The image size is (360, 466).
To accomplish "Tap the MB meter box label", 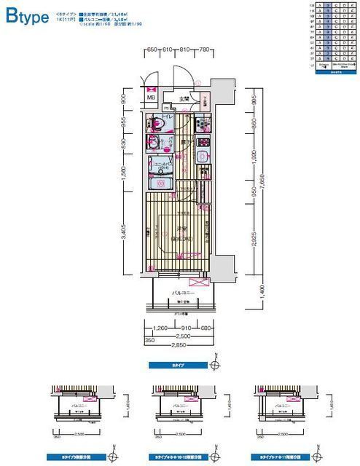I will coord(152,98).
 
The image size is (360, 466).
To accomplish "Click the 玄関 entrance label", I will coord(184,98).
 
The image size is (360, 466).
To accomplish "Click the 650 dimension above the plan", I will coord(152,49).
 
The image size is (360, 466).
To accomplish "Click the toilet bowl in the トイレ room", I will coord(155,122).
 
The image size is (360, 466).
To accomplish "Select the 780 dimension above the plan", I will coord(205,49).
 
